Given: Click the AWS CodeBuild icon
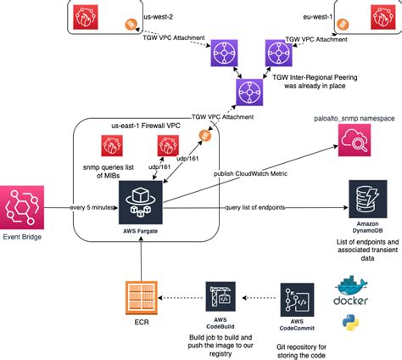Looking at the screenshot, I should [216, 299].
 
